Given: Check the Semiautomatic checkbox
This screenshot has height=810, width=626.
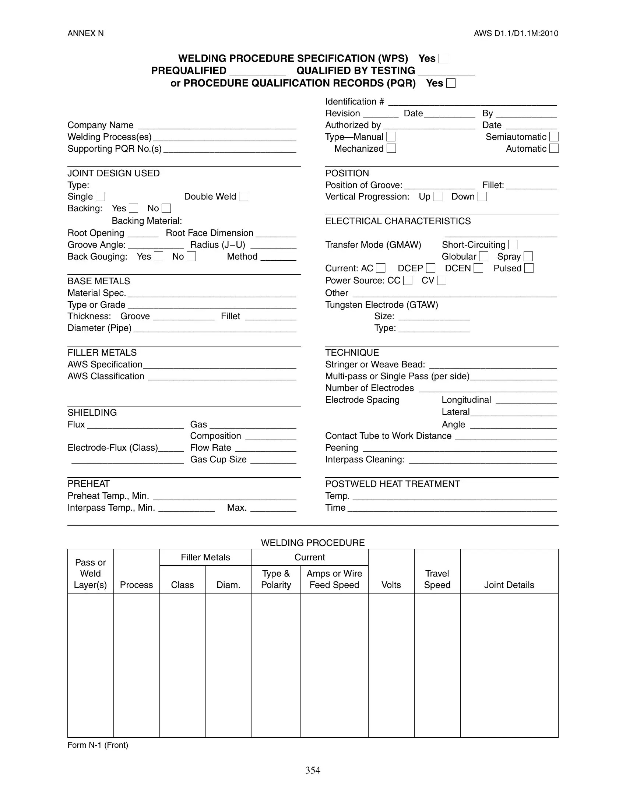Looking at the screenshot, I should tap(554, 137).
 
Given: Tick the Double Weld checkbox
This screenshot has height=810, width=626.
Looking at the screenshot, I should tap(243, 197).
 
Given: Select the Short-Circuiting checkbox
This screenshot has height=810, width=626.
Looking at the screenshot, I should tap(513, 245).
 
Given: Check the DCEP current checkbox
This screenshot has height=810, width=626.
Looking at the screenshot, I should tap(430, 268).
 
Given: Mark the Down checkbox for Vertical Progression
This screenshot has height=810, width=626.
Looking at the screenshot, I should tap(482, 197).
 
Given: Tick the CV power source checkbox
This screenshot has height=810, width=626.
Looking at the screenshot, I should tap(441, 281).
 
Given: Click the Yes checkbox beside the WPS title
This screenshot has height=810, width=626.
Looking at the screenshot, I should tap(443, 59).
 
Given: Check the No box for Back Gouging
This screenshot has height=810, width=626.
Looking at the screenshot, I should tap(191, 257).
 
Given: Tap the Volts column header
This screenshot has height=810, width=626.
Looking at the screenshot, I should tap(391, 585).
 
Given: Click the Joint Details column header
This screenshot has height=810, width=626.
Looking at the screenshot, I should tap(509, 585).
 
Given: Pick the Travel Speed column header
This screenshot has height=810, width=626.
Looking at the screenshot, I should tap(437, 579).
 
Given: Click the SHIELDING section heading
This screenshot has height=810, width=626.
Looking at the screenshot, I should tap(92, 412).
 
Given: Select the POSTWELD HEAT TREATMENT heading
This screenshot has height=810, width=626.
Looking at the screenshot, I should tap(393, 484).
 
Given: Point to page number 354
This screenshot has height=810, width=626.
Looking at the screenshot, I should tap(313, 770).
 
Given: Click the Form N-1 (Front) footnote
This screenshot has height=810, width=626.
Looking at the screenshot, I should tap(98, 745).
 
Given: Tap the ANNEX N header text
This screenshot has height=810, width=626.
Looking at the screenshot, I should tap(85, 34).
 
